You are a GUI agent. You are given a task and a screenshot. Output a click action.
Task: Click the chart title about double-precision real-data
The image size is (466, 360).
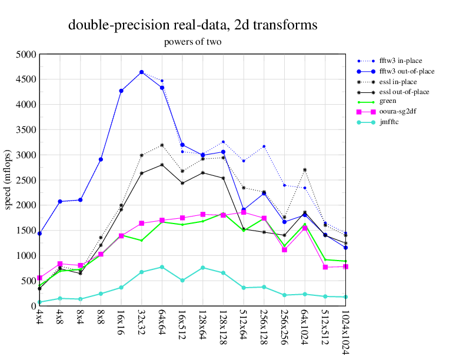click(193, 25)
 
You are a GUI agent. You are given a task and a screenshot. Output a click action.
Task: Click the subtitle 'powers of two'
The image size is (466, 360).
click(192, 42)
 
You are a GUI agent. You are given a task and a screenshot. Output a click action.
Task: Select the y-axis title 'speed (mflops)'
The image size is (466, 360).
click(8, 180)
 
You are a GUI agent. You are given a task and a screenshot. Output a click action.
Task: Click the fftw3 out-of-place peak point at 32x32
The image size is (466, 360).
click(141, 72)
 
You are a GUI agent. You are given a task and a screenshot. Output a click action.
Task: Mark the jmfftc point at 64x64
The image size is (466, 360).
click(162, 267)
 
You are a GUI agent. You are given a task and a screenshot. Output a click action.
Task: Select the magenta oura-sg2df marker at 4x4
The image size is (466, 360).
click(39, 278)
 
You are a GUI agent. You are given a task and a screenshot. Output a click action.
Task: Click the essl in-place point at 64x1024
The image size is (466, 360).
click(305, 170)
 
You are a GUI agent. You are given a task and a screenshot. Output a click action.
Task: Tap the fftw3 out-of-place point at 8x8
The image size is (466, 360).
click(101, 159)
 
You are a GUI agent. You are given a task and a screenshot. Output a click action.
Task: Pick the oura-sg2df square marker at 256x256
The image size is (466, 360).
click(284, 249)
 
